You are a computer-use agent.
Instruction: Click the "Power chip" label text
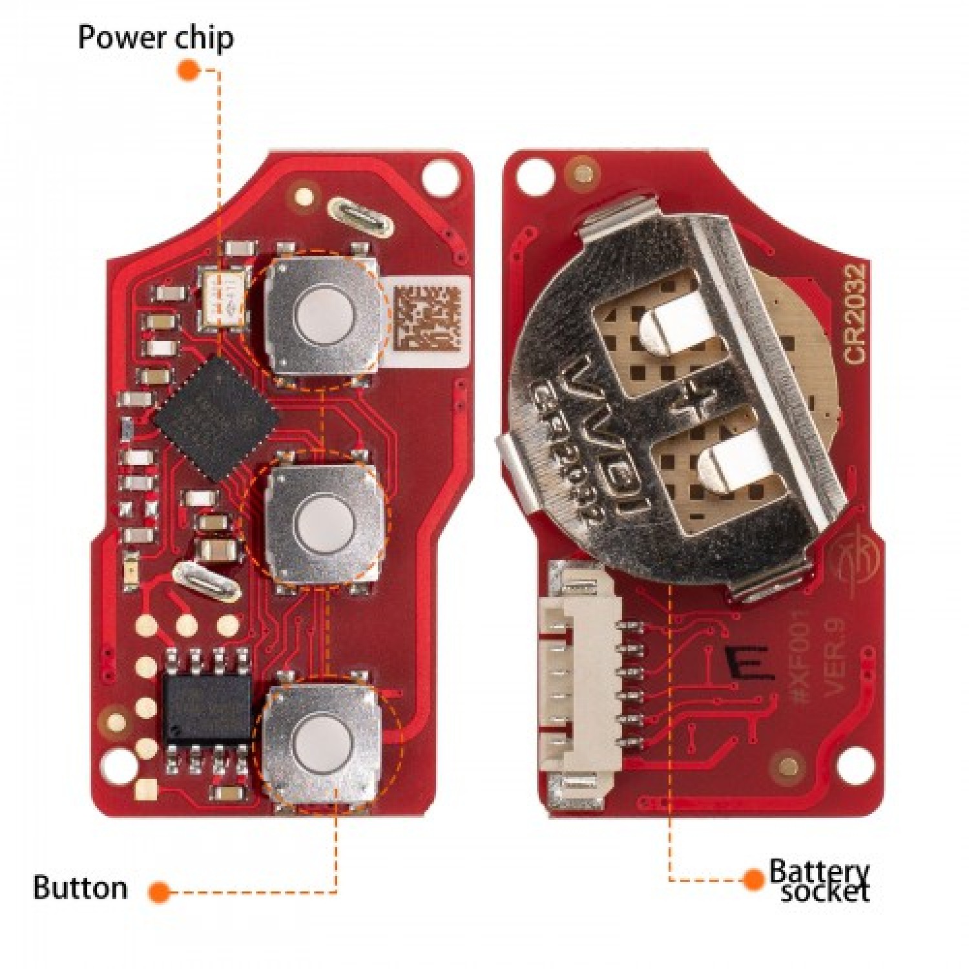156,37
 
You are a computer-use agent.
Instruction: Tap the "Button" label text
81,888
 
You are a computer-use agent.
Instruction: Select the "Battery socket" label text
820,880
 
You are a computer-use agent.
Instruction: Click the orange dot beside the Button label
159,892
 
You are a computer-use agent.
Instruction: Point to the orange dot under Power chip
189,70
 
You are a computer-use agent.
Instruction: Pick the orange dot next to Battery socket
753,879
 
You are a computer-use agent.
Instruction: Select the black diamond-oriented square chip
216,419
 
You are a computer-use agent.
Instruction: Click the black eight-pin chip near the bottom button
207,709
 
